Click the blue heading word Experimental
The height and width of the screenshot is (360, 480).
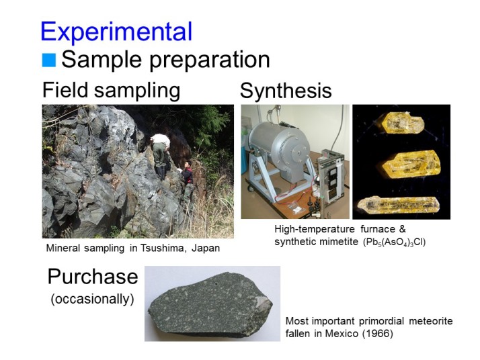pyautogui.click(x=116, y=32)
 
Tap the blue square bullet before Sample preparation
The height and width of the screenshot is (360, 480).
pyautogui.click(x=48, y=60)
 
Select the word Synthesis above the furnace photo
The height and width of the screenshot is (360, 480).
pyautogui.click(x=286, y=91)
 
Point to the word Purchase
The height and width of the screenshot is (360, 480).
pyautogui.click(x=93, y=277)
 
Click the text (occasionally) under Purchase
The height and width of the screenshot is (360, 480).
pyautogui.click(x=93, y=299)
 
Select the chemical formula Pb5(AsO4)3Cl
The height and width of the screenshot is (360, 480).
pyautogui.click(x=394, y=242)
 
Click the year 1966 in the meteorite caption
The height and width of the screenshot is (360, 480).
pyautogui.click(x=378, y=333)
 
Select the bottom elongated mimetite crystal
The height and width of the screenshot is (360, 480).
pyautogui.click(x=399, y=204)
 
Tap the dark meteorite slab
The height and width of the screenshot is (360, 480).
pyautogui.click(x=210, y=304)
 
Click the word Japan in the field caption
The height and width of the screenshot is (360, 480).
pyautogui.click(x=206, y=248)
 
